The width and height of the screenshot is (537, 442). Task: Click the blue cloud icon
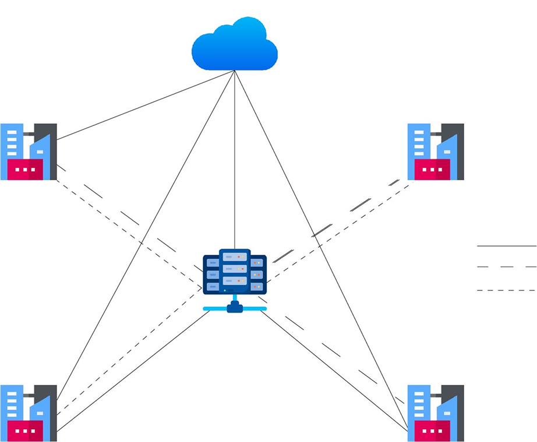234,45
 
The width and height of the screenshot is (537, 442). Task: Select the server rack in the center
235,272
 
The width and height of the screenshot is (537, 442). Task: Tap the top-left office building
28,152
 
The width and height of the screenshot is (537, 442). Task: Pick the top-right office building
435,152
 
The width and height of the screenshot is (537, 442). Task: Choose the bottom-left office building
28,413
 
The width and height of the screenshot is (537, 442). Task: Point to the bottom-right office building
435,413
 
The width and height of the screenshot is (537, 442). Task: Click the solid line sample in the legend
507,246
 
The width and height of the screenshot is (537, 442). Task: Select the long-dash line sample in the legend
507,266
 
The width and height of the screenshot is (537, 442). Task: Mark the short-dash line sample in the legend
507,290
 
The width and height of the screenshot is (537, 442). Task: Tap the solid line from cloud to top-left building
146,105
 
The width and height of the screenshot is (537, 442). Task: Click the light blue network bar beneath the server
235,308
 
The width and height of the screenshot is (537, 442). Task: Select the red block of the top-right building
432,170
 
